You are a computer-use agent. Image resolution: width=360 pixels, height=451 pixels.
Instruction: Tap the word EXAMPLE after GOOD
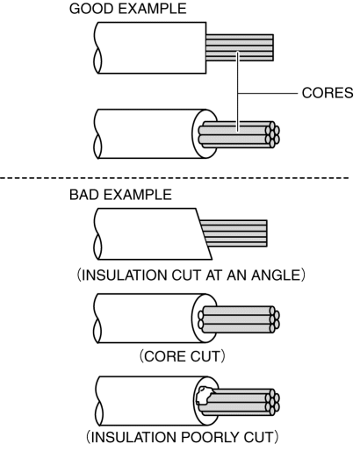(x=152, y=9)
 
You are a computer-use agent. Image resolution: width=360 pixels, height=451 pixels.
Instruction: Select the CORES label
(x=328, y=93)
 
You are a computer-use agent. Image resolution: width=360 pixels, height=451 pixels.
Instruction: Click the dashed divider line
(x=175, y=177)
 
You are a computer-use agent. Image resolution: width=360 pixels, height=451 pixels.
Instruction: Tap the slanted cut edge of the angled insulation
(x=204, y=233)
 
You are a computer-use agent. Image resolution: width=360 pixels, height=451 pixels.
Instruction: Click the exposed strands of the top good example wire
(x=240, y=47)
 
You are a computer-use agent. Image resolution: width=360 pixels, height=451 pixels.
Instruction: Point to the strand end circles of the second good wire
(x=272, y=135)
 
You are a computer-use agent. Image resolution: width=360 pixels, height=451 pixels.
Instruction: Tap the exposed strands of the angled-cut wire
(x=234, y=233)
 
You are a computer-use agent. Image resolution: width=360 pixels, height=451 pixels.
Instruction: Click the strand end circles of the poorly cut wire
(x=272, y=403)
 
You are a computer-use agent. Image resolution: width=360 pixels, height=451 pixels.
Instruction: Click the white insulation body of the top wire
(x=151, y=47)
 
